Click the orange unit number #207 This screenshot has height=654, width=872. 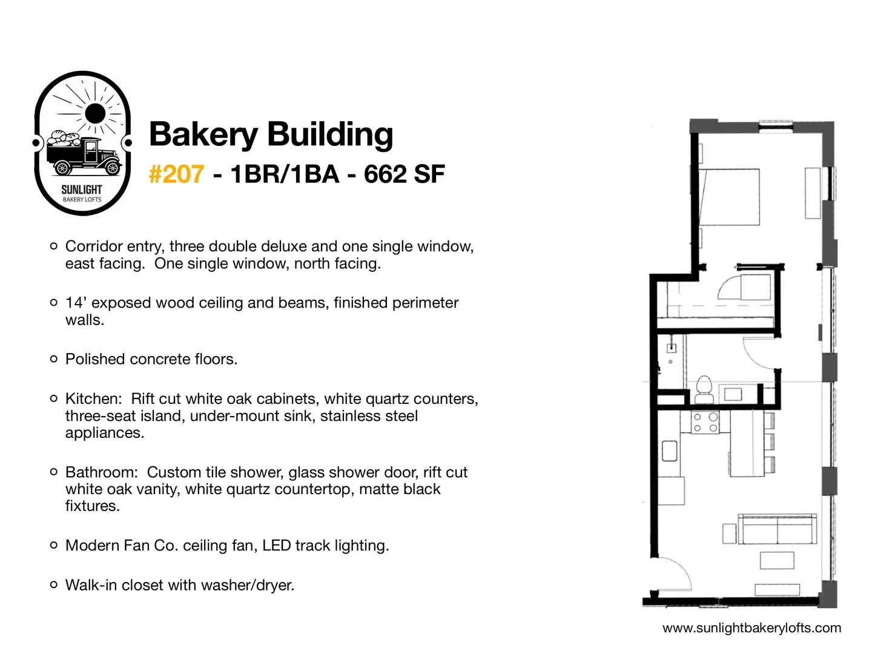tap(176, 174)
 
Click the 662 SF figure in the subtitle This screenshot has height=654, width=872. tap(404, 174)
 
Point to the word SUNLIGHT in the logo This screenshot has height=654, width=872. tap(81, 190)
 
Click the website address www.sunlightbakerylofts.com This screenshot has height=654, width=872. tap(751, 628)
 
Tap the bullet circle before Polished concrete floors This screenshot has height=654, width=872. tap(54, 359)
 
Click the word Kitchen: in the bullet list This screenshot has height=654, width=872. tap(93, 398)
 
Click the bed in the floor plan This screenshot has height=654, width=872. tap(729, 197)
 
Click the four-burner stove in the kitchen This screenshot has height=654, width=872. tap(705, 422)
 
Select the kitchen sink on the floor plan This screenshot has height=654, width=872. tap(669, 451)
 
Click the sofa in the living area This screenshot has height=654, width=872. tap(777, 529)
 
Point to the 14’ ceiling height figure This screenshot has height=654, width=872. tap(74, 303)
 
